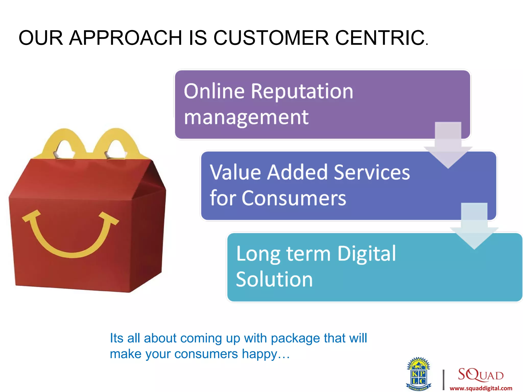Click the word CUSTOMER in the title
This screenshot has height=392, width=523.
(x=271, y=38)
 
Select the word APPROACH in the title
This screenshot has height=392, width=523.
(x=125, y=38)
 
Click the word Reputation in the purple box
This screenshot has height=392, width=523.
(x=302, y=91)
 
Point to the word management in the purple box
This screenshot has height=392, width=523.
(x=246, y=118)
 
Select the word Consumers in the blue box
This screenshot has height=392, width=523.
(x=294, y=198)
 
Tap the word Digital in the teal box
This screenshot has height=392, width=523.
(x=366, y=254)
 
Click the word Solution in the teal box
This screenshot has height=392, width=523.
(x=274, y=279)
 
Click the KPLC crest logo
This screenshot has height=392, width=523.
(x=418, y=374)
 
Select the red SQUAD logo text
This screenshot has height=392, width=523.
(x=480, y=374)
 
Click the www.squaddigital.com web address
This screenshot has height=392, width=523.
(x=481, y=388)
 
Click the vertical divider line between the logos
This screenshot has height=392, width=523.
(x=444, y=379)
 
